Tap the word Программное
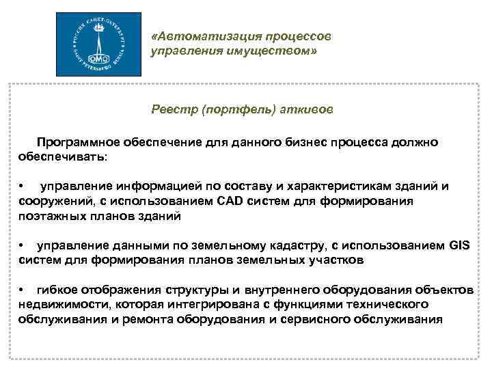[79, 142]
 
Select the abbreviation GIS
[463, 246]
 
